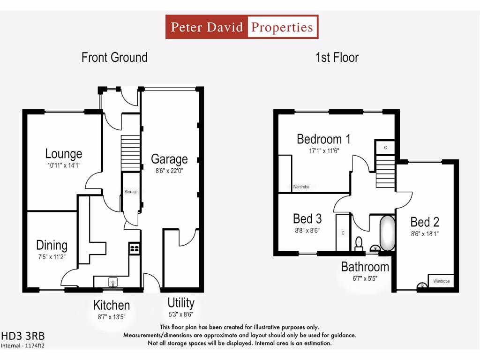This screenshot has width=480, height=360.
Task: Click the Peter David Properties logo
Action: pyautogui.click(x=242, y=27)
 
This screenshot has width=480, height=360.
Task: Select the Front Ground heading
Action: pyautogui.click(x=114, y=58)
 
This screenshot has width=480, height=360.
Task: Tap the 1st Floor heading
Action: pyautogui.click(x=337, y=58)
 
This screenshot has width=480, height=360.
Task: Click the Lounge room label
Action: pyautogui.click(x=64, y=153)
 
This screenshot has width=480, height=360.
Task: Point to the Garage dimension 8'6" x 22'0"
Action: pyautogui.click(x=169, y=171)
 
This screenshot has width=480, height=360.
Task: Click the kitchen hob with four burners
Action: pyautogui.click(x=135, y=248)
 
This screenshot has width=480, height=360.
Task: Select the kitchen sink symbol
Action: pyautogui.click(x=113, y=282)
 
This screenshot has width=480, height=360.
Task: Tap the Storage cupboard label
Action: pyautogui.click(x=131, y=192)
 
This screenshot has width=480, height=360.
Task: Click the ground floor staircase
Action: pyautogui.click(x=131, y=153)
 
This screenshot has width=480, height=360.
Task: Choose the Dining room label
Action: pyautogui.click(x=52, y=245)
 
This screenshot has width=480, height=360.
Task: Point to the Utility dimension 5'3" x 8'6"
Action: pyautogui.click(x=180, y=315)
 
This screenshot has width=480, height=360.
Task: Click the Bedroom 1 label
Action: pyautogui.click(x=323, y=139)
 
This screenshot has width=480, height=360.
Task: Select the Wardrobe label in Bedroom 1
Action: pyautogui.click(x=300, y=187)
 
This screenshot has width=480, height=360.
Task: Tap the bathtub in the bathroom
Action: pyautogui.click(x=387, y=233)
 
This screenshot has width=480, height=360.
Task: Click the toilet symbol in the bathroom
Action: pyautogui.click(x=359, y=243)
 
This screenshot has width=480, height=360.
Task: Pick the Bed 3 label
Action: pyautogui.click(x=307, y=218)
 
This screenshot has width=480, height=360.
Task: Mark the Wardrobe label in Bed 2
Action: pyautogui.click(x=441, y=281)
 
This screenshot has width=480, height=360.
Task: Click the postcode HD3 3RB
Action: pyautogui.click(x=23, y=336)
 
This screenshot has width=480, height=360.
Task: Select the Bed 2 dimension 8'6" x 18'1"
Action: pyautogui.click(x=425, y=233)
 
